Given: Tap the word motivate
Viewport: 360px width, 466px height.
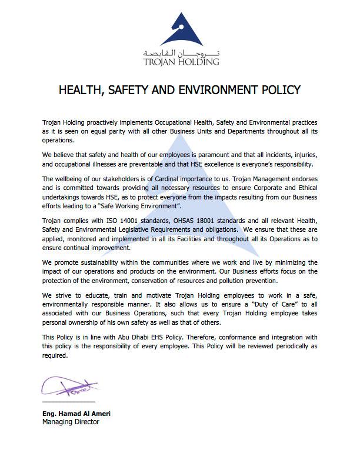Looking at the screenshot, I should point(138,294).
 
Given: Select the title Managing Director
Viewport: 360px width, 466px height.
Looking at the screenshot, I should point(71,421).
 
